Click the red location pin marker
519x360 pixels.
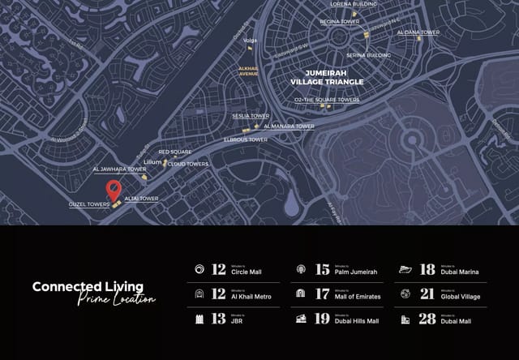[114, 191]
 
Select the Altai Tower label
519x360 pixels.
[141, 199]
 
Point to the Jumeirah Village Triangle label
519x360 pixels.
[327, 77]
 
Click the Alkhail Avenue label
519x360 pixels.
[248, 71]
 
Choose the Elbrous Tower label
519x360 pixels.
[246, 139]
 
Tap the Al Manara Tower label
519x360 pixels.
[294, 126]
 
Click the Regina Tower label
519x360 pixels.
[339, 22]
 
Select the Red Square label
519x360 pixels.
[174, 152]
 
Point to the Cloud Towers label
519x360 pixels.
[188, 164]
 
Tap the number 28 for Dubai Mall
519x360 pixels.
[427, 319]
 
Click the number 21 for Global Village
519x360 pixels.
[427, 294]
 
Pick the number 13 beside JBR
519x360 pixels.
[218, 319]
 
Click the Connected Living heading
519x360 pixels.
[88, 286]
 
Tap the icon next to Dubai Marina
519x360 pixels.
[405, 269]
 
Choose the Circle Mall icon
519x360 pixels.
[199, 269]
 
